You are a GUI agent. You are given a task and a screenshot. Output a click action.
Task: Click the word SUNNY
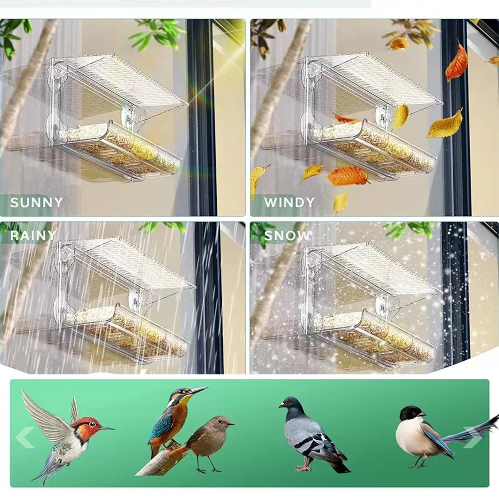click(x=36, y=202)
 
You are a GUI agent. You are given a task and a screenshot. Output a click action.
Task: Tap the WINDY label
click(x=289, y=202)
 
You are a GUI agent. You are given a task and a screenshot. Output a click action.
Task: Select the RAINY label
click(x=32, y=235)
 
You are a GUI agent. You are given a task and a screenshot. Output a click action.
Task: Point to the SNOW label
click(x=287, y=235)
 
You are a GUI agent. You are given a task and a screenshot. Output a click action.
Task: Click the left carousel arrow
click(x=24, y=437)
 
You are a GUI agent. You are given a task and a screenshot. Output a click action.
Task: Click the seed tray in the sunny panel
click(x=120, y=150)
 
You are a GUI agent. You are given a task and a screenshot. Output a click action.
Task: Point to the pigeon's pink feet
click(x=304, y=467)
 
